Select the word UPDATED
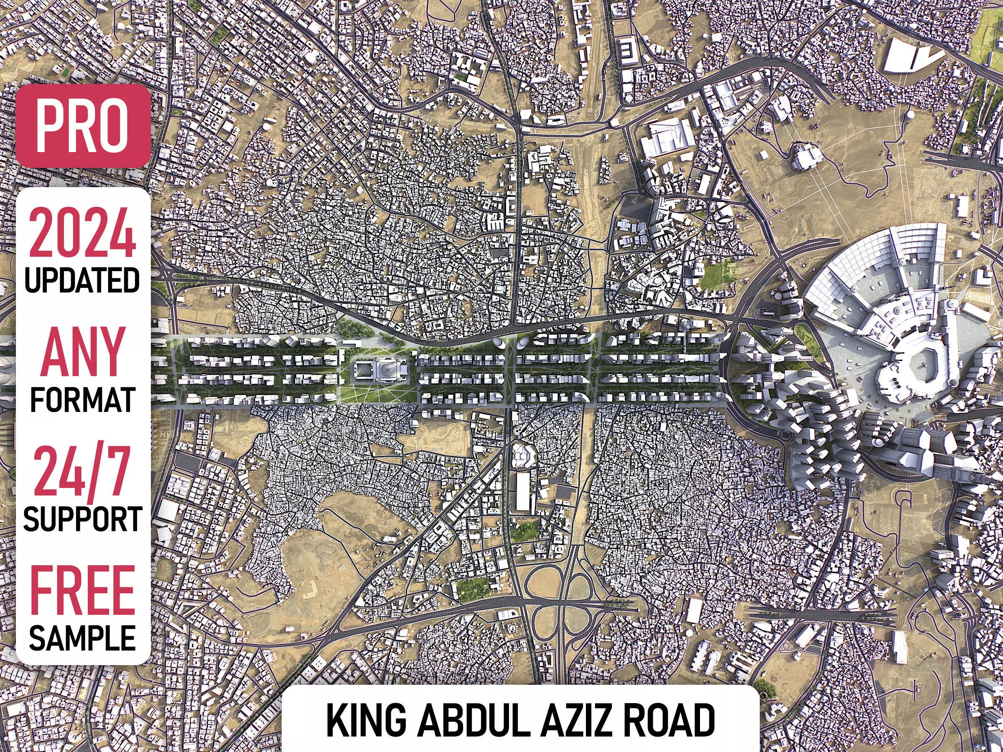[x=82, y=280]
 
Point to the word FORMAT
[x=82, y=399]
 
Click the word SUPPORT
[x=82, y=518]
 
